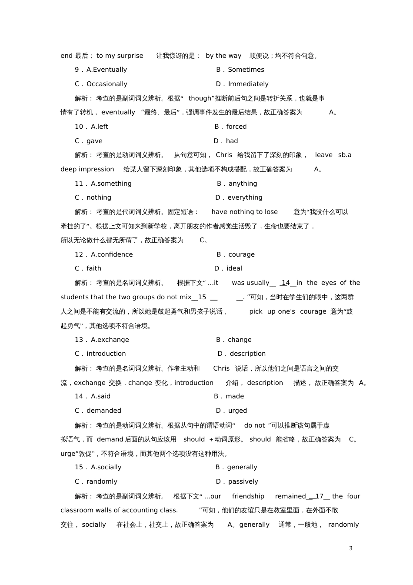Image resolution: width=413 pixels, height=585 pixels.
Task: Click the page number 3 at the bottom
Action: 351,548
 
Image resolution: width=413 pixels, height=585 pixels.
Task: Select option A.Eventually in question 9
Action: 107,70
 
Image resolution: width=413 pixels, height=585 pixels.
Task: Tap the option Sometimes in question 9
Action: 246,70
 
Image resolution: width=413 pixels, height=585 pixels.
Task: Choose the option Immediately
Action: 248,84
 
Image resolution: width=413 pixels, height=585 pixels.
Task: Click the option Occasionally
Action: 107,84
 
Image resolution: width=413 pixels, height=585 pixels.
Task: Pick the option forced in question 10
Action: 236,127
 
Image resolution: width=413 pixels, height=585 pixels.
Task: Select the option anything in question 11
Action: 243,184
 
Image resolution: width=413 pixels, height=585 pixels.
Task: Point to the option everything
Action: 245,197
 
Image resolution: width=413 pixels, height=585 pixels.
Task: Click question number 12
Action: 79,254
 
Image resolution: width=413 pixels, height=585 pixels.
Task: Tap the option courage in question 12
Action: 241,254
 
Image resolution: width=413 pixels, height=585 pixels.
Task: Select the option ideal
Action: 234,268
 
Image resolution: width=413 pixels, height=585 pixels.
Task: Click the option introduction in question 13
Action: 106,354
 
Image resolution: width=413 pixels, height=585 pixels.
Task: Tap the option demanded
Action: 103,411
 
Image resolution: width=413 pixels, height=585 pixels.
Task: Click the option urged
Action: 237,411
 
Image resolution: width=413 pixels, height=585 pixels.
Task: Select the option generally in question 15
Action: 242,467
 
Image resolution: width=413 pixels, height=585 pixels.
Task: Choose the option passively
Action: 243,481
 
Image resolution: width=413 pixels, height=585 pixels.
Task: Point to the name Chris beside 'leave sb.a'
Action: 224,155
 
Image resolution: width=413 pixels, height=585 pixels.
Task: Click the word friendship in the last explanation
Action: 248,496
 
